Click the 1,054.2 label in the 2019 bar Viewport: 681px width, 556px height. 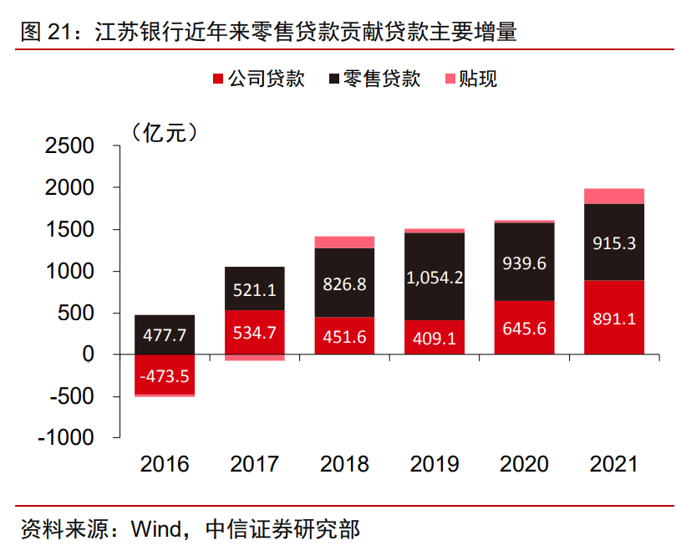(435, 277)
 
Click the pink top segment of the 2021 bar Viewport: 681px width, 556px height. (614, 196)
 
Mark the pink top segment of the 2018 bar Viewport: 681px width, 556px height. (345, 242)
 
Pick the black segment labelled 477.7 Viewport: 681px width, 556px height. (165, 334)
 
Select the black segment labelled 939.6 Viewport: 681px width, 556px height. (524, 262)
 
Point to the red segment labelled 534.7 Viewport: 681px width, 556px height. (255, 332)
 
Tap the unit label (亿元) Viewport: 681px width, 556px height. (164, 131)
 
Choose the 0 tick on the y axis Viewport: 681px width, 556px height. (89, 355)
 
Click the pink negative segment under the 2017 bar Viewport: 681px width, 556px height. (255, 357)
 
